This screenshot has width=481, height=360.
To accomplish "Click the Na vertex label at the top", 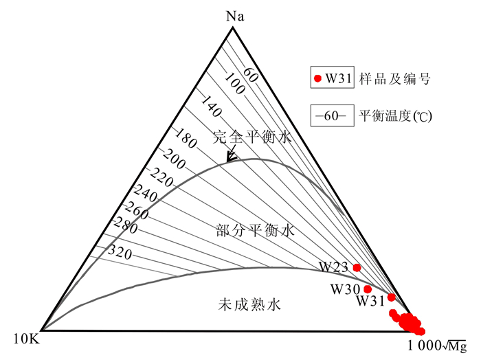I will [236, 15].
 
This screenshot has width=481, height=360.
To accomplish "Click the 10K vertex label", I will [24, 338].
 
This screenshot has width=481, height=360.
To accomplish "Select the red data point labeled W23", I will [357, 267].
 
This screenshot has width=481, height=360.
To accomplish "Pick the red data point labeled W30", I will [368, 289].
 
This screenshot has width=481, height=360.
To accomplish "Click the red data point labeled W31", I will [391, 297].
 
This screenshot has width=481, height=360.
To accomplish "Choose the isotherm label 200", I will [175, 159].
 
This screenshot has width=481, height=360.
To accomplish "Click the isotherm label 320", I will [119, 251].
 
